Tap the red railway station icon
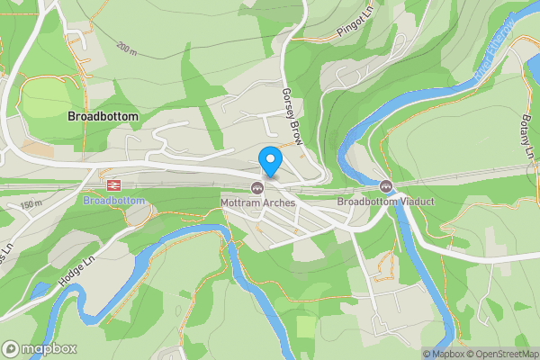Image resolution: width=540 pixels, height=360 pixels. pyautogui.click(x=113, y=184)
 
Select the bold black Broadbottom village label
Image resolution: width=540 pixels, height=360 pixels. pyautogui.click(x=103, y=117)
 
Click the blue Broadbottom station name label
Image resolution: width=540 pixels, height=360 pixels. pyautogui.click(x=113, y=201)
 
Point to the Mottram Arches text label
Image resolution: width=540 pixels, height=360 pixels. pyautogui.click(x=257, y=202)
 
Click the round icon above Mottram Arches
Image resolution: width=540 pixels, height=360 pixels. pyautogui.click(x=257, y=187)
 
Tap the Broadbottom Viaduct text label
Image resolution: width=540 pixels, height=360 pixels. pyautogui.click(x=385, y=202)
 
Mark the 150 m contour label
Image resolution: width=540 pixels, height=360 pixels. pyautogui.click(x=31, y=206)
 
